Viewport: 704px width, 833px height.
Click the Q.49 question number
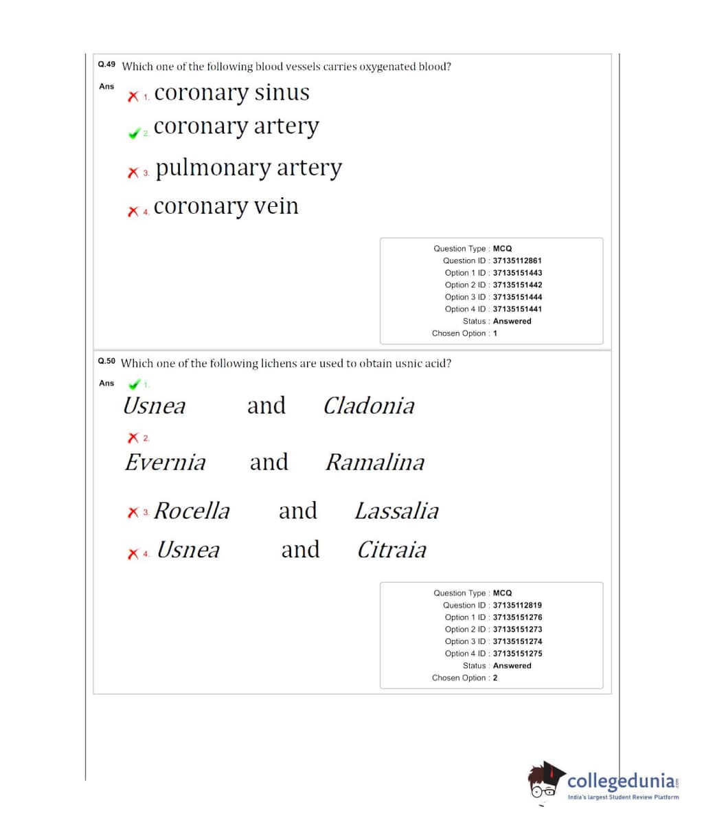106,65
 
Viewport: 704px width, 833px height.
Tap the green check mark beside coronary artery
134,133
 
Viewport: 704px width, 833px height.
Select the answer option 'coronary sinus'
231,93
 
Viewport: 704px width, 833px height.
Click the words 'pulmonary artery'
248,168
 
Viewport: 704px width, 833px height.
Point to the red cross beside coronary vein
133,212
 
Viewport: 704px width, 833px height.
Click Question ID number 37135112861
517,260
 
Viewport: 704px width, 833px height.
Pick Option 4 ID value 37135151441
517,309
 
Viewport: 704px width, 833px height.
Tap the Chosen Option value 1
495,333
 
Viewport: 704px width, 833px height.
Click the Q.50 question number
106,361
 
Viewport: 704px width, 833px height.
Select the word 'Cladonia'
369,406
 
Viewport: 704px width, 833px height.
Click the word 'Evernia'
165,462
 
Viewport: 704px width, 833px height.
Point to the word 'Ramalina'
374,462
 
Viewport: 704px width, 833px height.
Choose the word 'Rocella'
192,511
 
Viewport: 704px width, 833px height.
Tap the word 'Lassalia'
396,511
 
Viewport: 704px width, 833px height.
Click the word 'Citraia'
391,550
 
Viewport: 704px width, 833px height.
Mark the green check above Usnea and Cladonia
135,384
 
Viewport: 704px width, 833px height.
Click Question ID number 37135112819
517,606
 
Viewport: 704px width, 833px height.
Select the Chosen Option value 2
495,678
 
